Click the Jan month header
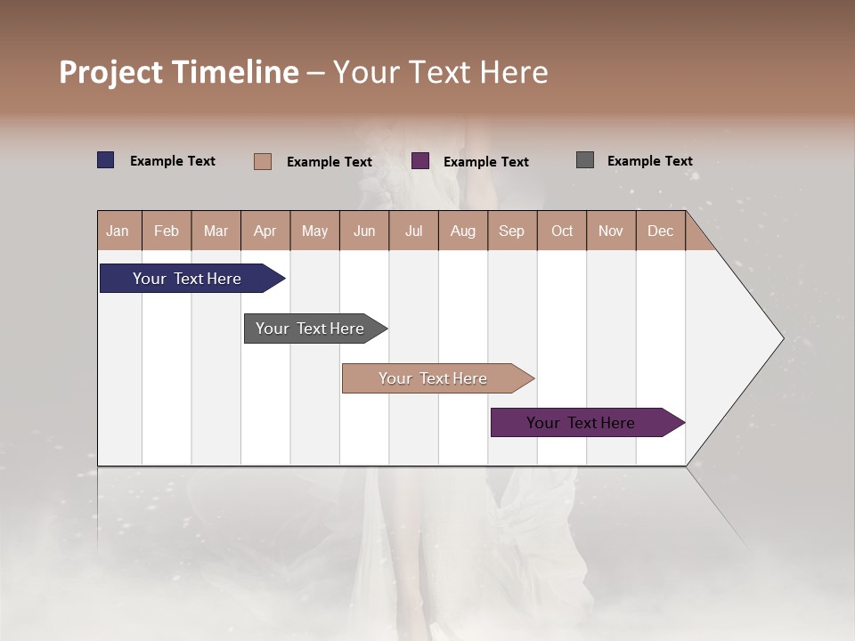pos(118,231)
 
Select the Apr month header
pos(265,231)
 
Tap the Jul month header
pos(413,231)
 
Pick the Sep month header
pos(511,231)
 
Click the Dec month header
pos(660,231)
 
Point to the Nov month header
pos(610,231)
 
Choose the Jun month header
pos(363,231)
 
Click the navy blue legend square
pos(105,160)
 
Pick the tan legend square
pos(262,161)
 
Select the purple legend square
pos(420,161)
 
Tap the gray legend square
pos(585,160)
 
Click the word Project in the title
pos(110,72)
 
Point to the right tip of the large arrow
pos(781,338)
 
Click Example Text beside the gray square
pos(649,161)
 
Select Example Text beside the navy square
pos(172,161)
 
